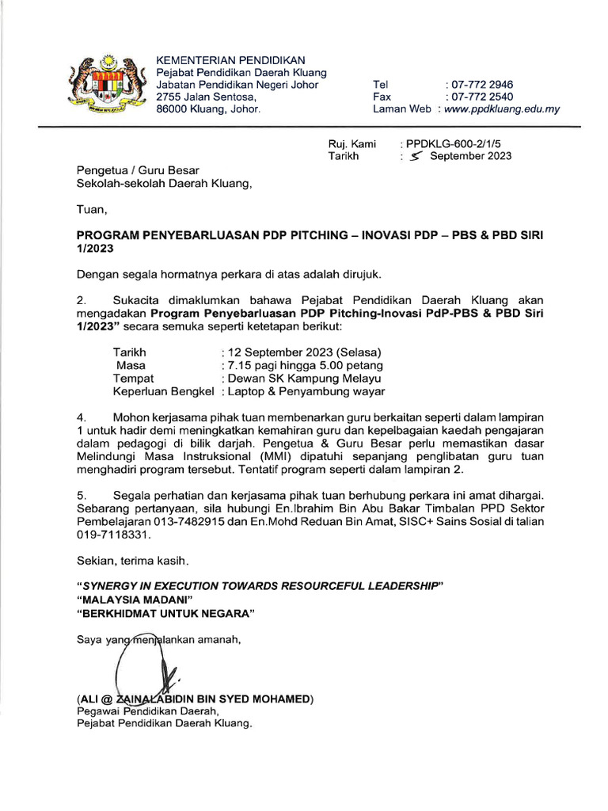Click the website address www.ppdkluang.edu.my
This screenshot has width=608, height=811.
pyautogui.click(x=502, y=109)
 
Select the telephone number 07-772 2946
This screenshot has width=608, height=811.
pyautogui.click(x=480, y=84)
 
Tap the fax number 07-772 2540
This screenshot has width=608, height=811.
pyautogui.click(x=480, y=97)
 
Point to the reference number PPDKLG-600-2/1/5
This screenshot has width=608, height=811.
pyautogui.click(x=454, y=143)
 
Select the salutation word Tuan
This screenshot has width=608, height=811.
pyautogui.click(x=89, y=211)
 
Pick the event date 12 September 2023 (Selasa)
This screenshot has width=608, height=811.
pyautogui.click(x=304, y=352)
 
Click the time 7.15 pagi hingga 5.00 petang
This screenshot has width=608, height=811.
pyautogui.click(x=304, y=365)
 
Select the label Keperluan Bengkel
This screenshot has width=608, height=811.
pyautogui.click(x=164, y=391)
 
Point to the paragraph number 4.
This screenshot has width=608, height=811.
pyautogui.click(x=80, y=417)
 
